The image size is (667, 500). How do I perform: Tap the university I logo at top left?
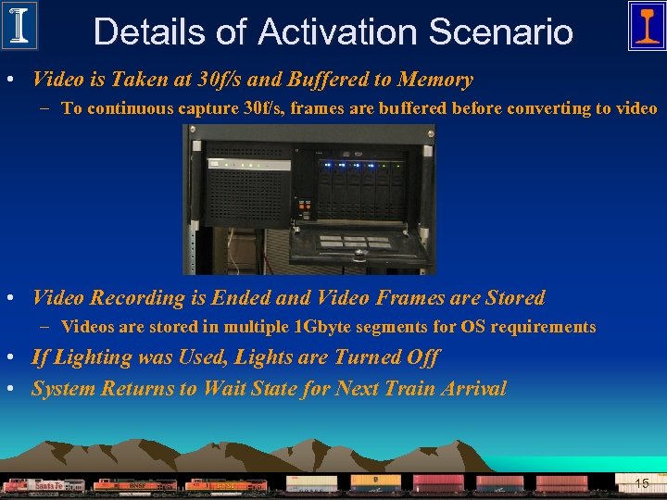(x=19, y=25)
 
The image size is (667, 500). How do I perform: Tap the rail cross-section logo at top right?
(x=646, y=25)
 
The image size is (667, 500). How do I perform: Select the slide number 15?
(x=642, y=483)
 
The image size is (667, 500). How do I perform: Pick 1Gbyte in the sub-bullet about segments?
(x=328, y=327)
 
